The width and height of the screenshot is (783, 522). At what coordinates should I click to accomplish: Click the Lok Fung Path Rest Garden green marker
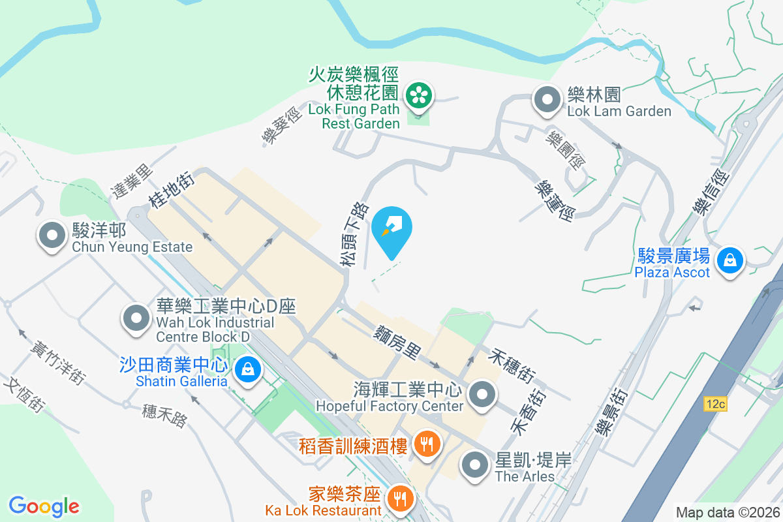click(x=418, y=96)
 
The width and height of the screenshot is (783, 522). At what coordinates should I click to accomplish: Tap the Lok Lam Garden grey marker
click(x=547, y=101)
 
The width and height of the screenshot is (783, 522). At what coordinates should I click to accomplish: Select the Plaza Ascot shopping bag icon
click(x=729, y=262)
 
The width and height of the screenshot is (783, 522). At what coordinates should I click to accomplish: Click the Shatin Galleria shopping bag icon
click(x=248, y=370)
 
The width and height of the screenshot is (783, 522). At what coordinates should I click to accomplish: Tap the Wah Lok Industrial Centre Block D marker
click(x=136, y=319)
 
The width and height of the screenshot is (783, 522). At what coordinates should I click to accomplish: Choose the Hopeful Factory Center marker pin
click(x=483, y=395)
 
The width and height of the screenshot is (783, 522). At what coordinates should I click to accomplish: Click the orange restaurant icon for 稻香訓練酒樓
click(x=427, y=446)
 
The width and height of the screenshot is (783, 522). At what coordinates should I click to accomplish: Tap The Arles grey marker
click(x=476, y=467)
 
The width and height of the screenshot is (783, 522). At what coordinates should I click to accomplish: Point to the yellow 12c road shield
click(x=715, y=405)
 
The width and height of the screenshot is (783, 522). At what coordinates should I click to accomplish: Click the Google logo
click(x=44, y=506)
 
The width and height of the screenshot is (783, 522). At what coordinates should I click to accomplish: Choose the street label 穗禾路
click(x=164, y=416)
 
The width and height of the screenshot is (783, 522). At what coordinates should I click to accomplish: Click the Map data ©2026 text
click(x=727, y=512)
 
